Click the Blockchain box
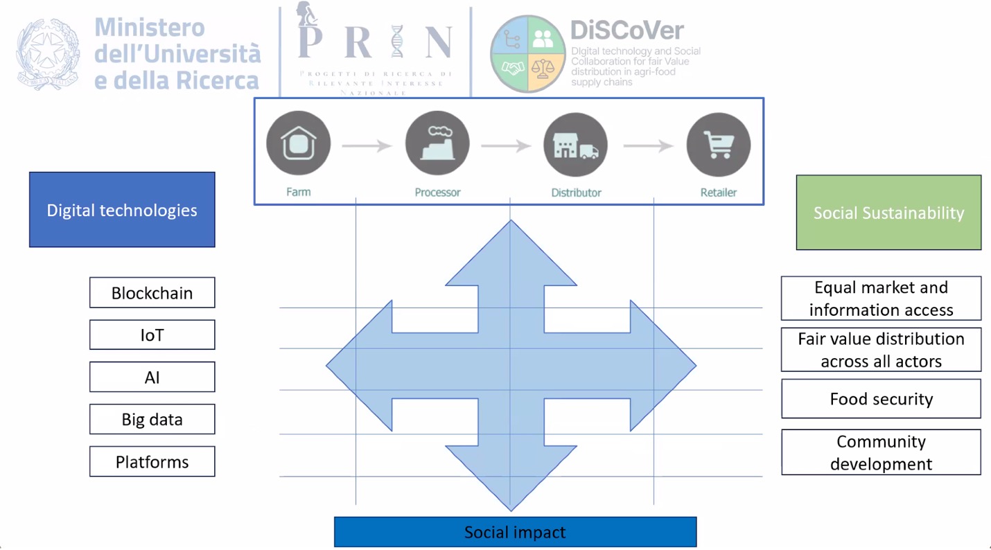[x=152, y=293]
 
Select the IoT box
[x=152, y=335]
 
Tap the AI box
[x=152, y=378]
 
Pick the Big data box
[x=152, y=420]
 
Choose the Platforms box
[x=152, y=462]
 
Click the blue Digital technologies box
[x=122, y=210]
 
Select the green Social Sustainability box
[x=888, y=213]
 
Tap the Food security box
[x=881, y=399]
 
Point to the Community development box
[x=881, y=452]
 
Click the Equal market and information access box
[x=881, y=299]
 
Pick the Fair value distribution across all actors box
[x=881, y=350]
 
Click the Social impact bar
[x=515, y=532]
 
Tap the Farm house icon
[x=299, y=145]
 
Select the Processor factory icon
[x=437, y=145]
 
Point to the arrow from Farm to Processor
[x=367, y=145]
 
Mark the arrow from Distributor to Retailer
[x=648, y=145]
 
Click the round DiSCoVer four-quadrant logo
[x=528, y=54]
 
